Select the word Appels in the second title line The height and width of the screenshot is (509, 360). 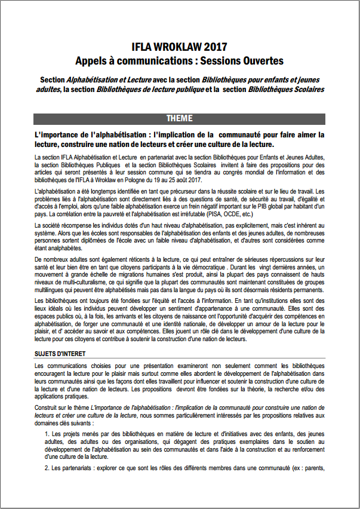91,60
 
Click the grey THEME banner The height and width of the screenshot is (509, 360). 179,118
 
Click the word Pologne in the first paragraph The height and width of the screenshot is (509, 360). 139,180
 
